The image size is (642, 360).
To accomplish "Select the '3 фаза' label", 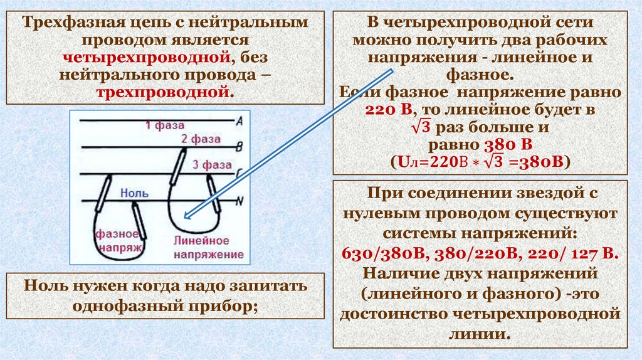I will [x=213, y=165].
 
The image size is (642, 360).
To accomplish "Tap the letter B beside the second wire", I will [x=239, y=147].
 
